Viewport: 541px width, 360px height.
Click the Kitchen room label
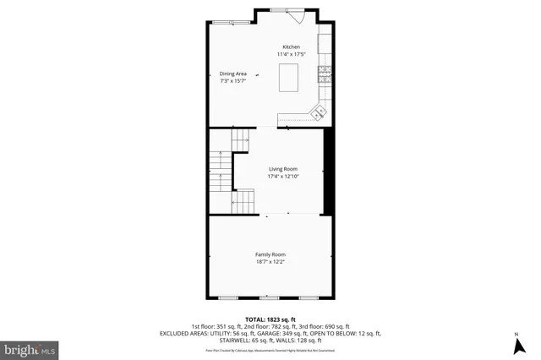click(291, 46)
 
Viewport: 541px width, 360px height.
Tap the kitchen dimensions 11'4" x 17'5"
click(291, 54)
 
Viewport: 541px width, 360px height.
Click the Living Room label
click(283, 168)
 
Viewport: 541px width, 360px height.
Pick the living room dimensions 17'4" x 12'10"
click(283, 176)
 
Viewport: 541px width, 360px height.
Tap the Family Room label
click(270, 254)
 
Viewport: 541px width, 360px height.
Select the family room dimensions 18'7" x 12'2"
click(270, 262)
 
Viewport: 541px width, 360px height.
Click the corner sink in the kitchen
click(320, 110)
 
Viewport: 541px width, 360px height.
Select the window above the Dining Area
click(225, 22)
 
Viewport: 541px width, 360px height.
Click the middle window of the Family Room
click(270, 297)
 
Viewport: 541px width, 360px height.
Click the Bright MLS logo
click(30, 348)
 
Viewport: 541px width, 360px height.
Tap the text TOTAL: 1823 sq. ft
click(270, 319)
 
